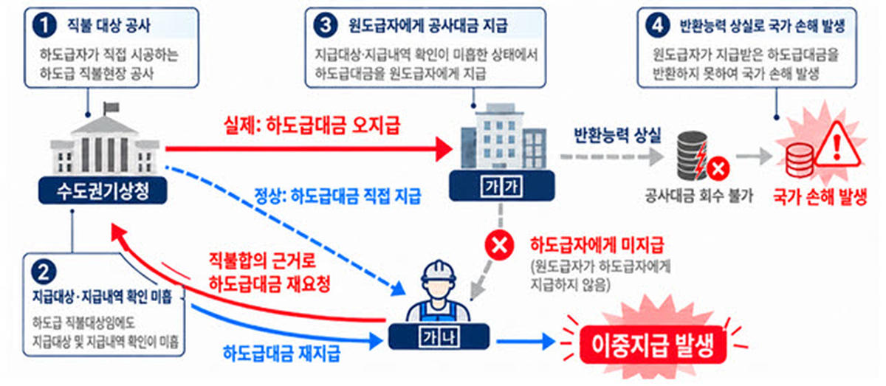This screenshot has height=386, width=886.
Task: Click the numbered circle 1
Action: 44,26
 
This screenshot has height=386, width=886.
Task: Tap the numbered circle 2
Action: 44,272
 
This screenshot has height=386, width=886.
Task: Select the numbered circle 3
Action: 326,26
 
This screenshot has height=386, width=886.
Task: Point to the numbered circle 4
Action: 657,26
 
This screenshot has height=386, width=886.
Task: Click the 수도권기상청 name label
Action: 103,191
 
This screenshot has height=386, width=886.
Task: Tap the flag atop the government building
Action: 111,107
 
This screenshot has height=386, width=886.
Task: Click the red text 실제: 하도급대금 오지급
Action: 312,125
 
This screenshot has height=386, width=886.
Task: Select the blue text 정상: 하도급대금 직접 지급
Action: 338,196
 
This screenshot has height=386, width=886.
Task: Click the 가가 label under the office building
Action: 501,186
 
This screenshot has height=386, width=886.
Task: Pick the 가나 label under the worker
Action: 439,337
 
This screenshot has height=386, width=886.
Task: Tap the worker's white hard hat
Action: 439,271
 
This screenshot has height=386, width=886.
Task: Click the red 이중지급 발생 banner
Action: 653,345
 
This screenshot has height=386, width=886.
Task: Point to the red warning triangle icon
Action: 837,145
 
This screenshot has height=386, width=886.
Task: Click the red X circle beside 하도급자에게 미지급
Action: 499,245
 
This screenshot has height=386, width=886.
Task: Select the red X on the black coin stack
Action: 718,169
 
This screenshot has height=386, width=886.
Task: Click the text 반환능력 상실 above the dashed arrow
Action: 617,136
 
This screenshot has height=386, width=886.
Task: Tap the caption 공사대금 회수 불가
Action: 699,196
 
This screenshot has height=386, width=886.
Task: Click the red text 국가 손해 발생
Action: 820,196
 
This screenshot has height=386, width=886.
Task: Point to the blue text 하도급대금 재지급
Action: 281,354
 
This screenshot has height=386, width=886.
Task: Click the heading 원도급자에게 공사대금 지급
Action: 427,26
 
